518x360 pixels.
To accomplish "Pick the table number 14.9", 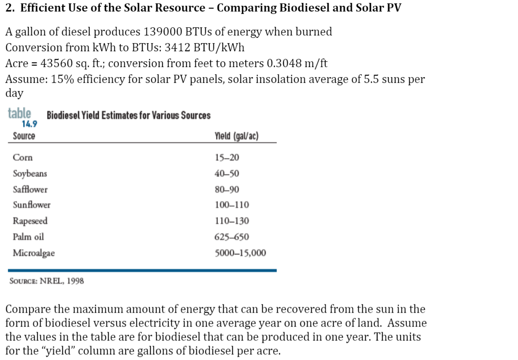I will point(29,124).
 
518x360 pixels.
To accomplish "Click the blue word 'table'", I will point(19,114).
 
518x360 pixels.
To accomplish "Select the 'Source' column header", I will point(24,136).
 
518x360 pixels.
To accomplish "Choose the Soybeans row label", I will point(30,173).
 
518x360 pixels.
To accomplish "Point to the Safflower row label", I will point(30,189).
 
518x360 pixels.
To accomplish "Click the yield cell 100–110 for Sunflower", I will point(232,205).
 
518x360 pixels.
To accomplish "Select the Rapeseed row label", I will point(30,221).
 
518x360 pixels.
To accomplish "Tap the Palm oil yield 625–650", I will point(232,236).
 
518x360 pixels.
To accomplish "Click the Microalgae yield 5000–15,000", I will point(240,253).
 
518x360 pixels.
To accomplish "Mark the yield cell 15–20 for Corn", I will point(227,157).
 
